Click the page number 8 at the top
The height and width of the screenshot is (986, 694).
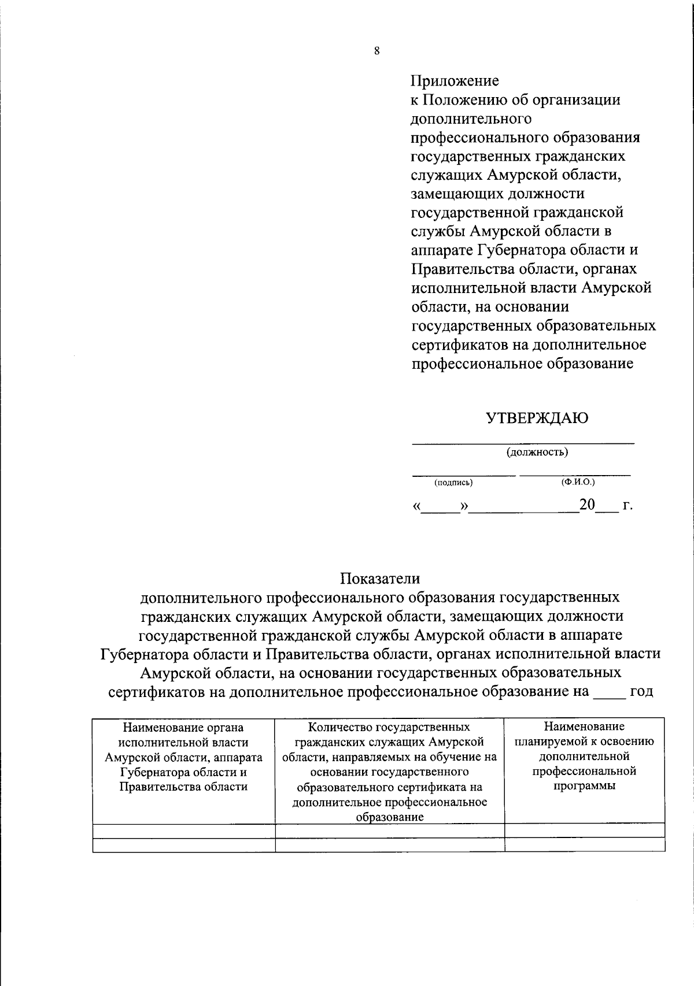pyautogui.click(x=376, y=51)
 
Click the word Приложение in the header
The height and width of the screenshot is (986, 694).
pyautogui.click(x=455, y=80)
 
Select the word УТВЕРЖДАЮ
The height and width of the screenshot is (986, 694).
pyautogui.click(x=537, y=418)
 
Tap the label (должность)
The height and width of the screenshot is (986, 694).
pyautogui.click(x=537, y=452)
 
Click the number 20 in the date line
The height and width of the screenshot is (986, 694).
pyautogui.click(x=587, y=505)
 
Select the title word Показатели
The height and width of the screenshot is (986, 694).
pyautogui.click(x=380, y=578)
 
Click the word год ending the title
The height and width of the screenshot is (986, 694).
pyautogui.click(x=641, y=691)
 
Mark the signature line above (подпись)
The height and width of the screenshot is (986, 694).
pyautogui.click(x=463, y=473)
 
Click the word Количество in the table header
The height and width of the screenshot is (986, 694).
pyautogui.click(x=339, y=726)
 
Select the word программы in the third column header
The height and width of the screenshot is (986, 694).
pyautogui.click(x=584, y=786)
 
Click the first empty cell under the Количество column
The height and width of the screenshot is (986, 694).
pyautogui.click(x=390, y=831)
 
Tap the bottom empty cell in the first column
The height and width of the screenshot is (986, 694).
pyautogui.click(x=184, y=844)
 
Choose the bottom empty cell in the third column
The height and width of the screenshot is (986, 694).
pyautogui.click(x=584, y=844)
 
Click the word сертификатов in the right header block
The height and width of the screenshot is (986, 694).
pyautogui.click(x=460, y=345)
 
